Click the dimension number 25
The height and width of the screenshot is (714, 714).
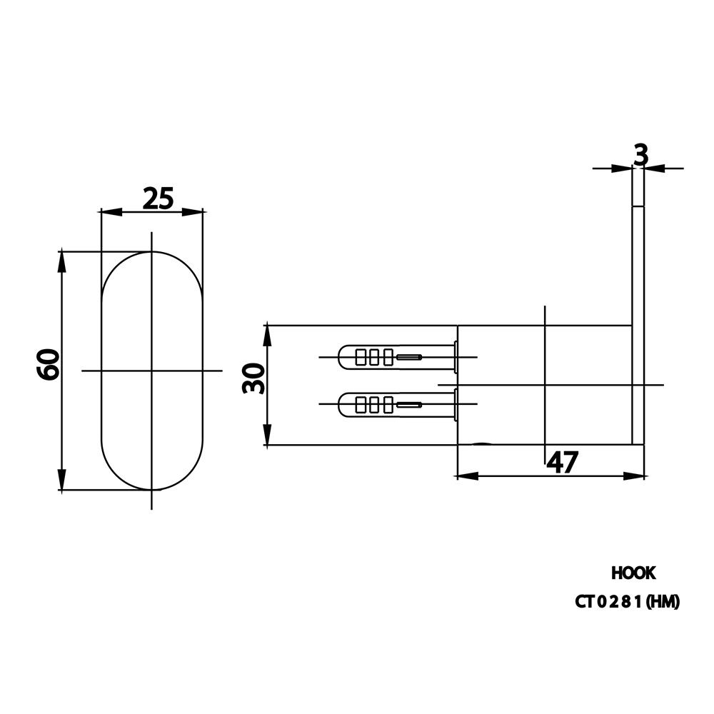pos(159,198)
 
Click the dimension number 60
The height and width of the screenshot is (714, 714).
pos(48,364)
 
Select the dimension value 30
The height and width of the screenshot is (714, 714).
pos(253,378)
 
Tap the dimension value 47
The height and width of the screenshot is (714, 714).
pos(562,462)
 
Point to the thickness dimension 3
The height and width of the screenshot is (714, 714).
pos(640,155)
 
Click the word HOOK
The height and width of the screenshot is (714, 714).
pos(633,573)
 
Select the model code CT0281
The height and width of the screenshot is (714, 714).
pos(608,602)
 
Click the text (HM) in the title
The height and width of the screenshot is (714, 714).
pos(663,602)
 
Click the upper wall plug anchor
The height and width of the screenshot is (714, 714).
pos(398,356)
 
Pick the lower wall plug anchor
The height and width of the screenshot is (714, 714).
pos(398,404)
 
